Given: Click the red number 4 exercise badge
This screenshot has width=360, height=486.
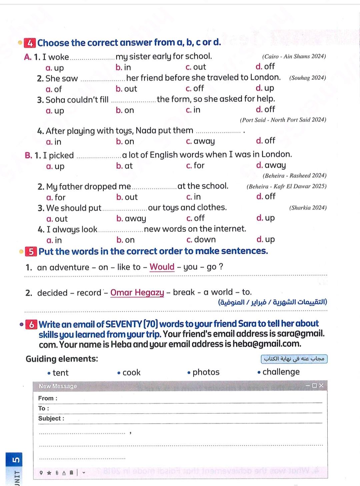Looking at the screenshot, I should (x=30, y=43).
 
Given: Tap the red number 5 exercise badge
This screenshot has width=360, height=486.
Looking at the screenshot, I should (x=31, y=252).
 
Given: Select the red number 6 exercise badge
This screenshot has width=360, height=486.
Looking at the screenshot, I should (x=31, y=324).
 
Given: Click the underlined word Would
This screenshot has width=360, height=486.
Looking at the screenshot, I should (x=162, y=267).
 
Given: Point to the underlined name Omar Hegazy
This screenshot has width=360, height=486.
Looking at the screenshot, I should (x=137, y=293).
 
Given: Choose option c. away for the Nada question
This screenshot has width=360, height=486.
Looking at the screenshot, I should (x=200, y=141).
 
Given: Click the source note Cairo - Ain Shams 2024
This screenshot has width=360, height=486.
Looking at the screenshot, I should (x=294, y=56).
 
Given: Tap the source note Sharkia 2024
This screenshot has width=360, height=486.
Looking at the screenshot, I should (x=308, y=208).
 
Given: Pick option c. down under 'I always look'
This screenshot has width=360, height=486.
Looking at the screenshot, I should (x=201, y=239).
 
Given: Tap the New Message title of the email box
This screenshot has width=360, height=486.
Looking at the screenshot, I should (x=58, y=386).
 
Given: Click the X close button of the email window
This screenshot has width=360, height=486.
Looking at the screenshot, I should (x=321, y=386).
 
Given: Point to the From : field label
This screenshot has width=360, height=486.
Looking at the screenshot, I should (x=48, y=398).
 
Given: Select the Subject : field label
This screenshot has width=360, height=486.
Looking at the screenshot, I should (x=51, y=419).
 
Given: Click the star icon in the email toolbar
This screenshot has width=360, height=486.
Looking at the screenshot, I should (x=49, y=472).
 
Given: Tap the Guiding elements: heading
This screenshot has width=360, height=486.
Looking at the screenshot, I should (x=62, y=359).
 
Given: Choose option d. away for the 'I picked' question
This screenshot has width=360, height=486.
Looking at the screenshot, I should (x=271, y=165).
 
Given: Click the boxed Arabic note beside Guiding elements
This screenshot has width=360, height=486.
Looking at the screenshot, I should (x=294, y=359).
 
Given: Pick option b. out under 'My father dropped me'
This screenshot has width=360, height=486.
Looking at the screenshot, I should (x=127, y=197).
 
